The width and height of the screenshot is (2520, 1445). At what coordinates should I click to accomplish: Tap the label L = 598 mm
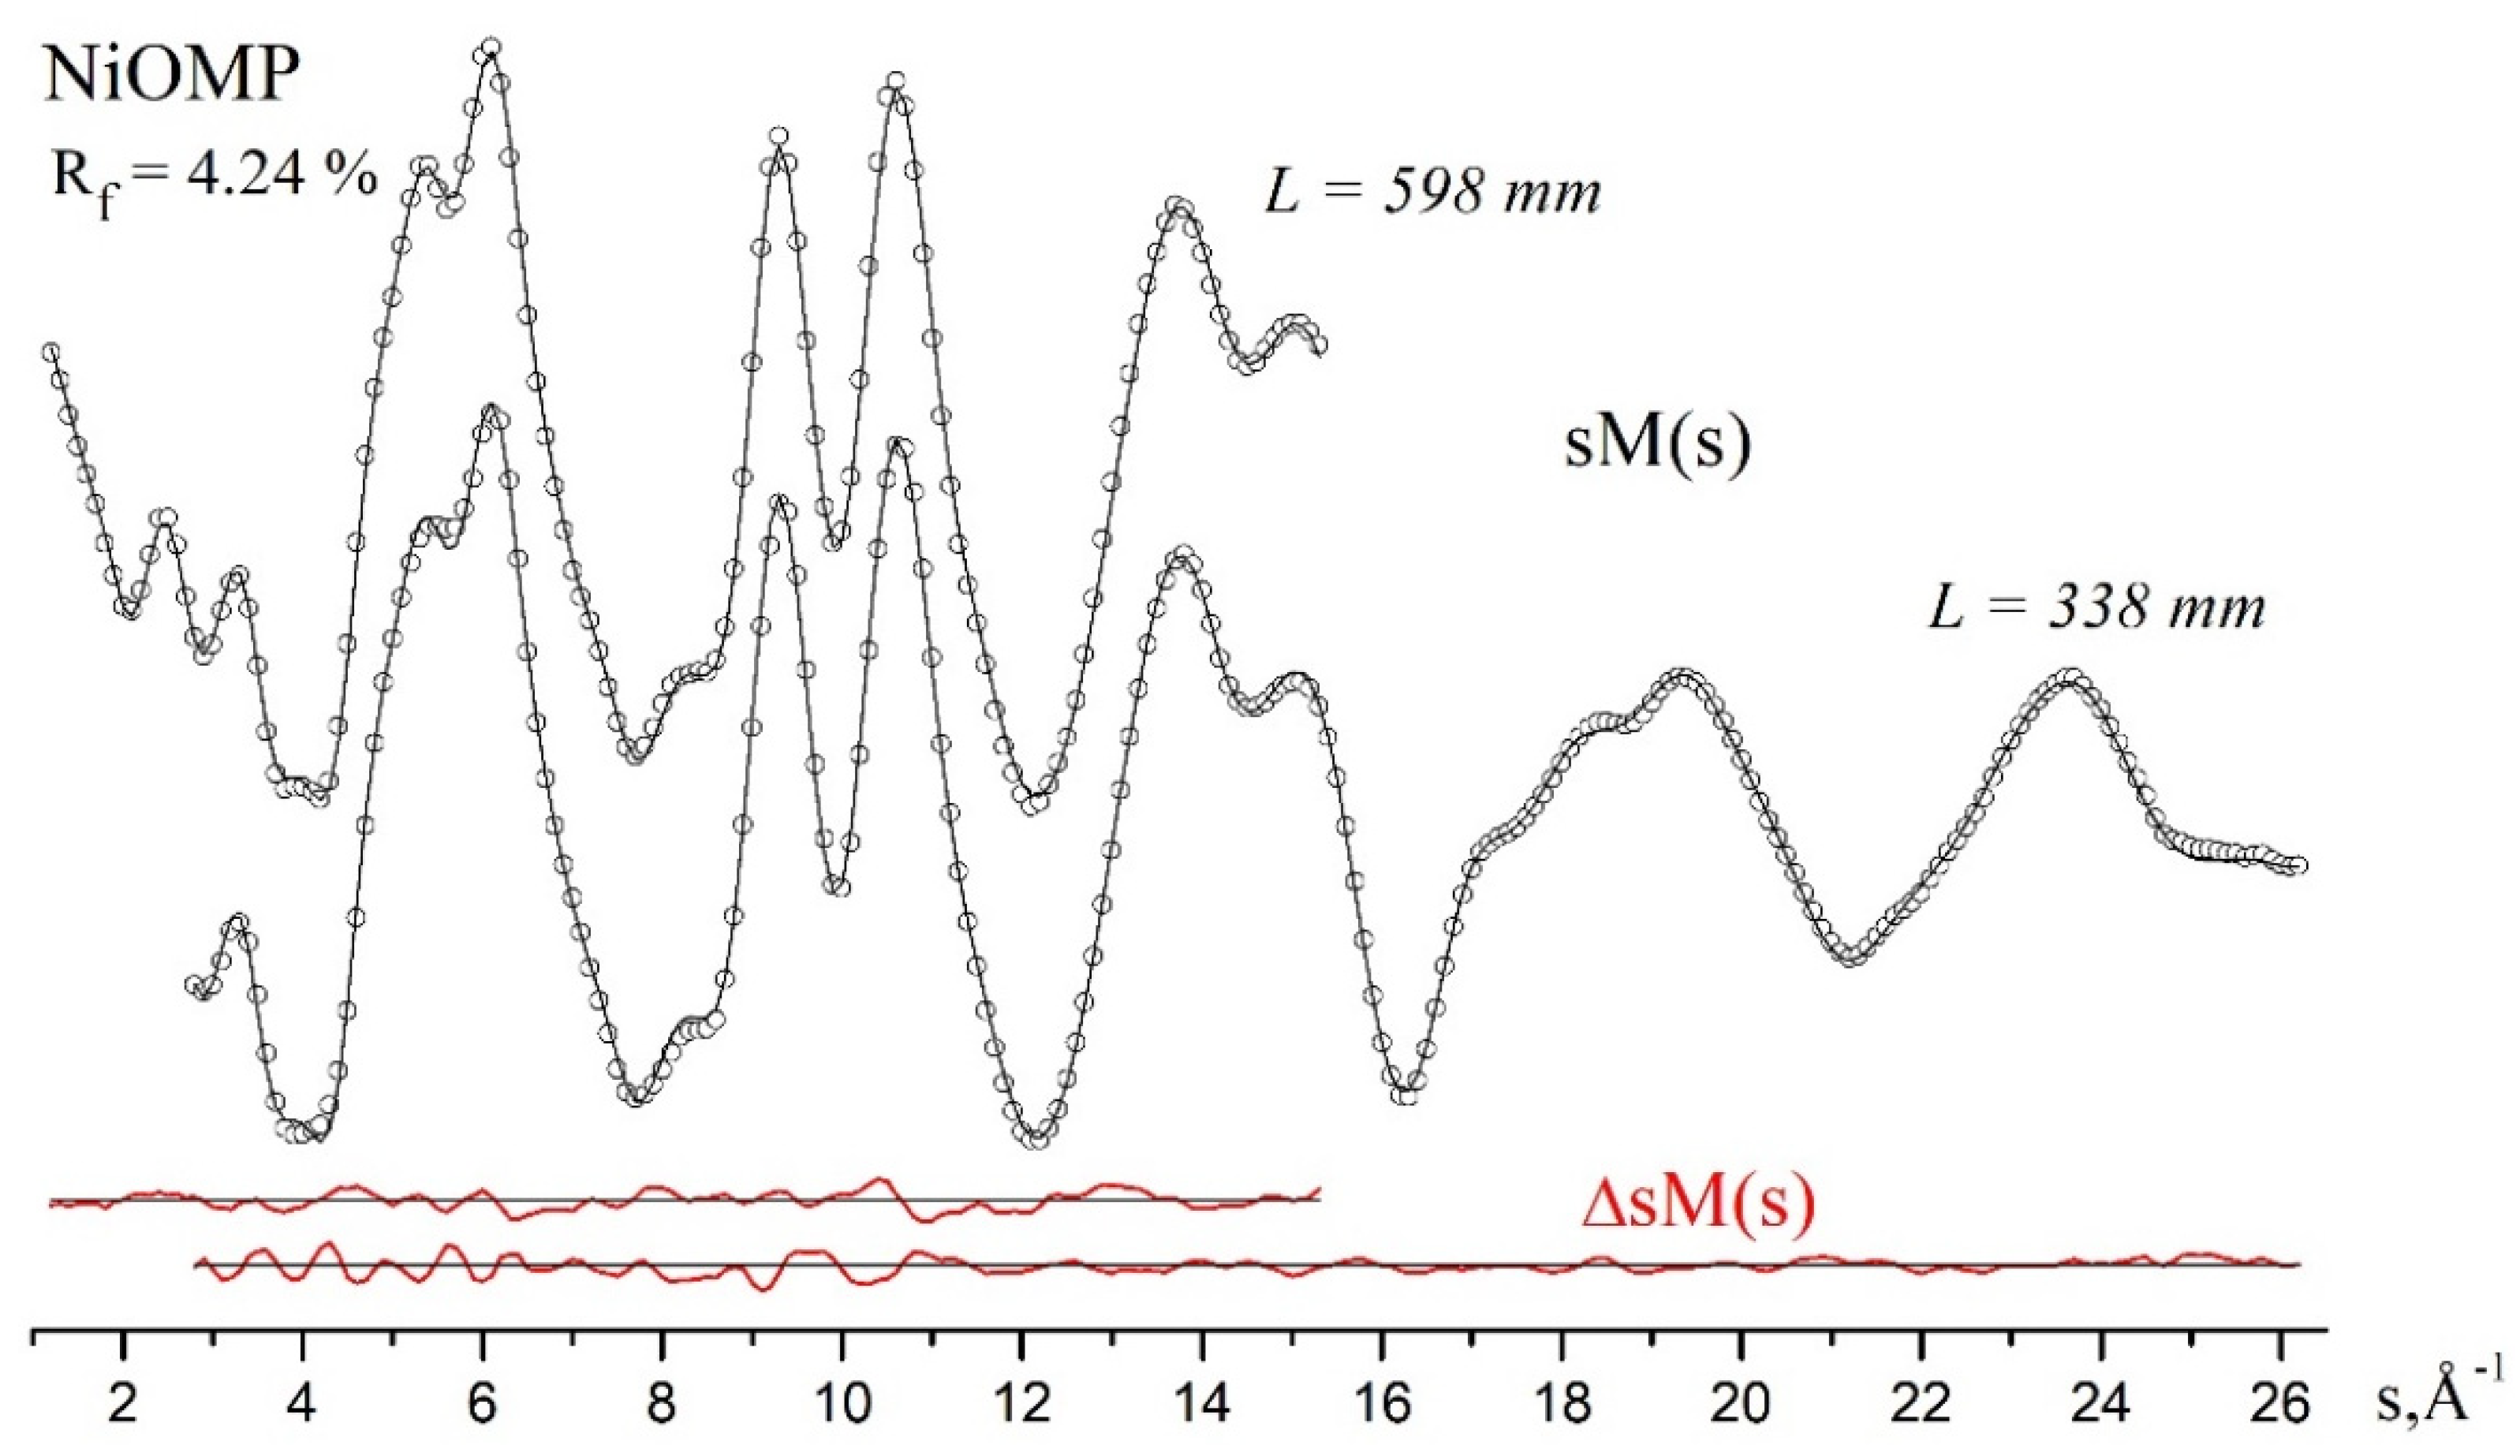click(x=1432, y=191)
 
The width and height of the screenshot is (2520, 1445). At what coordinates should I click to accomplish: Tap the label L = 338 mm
click(x=2096, y=607)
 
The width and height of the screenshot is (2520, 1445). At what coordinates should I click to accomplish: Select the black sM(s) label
click(x=1658, y=443)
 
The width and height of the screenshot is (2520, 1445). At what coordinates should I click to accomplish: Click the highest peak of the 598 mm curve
click(x=490, y=47)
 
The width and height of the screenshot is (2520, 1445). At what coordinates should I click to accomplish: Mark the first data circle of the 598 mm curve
click(x=50, y=353)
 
